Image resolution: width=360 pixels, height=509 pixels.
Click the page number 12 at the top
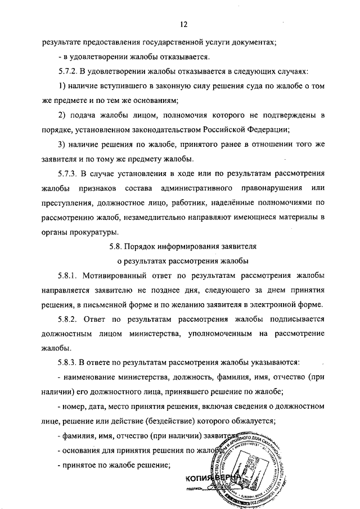pos(183,25)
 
